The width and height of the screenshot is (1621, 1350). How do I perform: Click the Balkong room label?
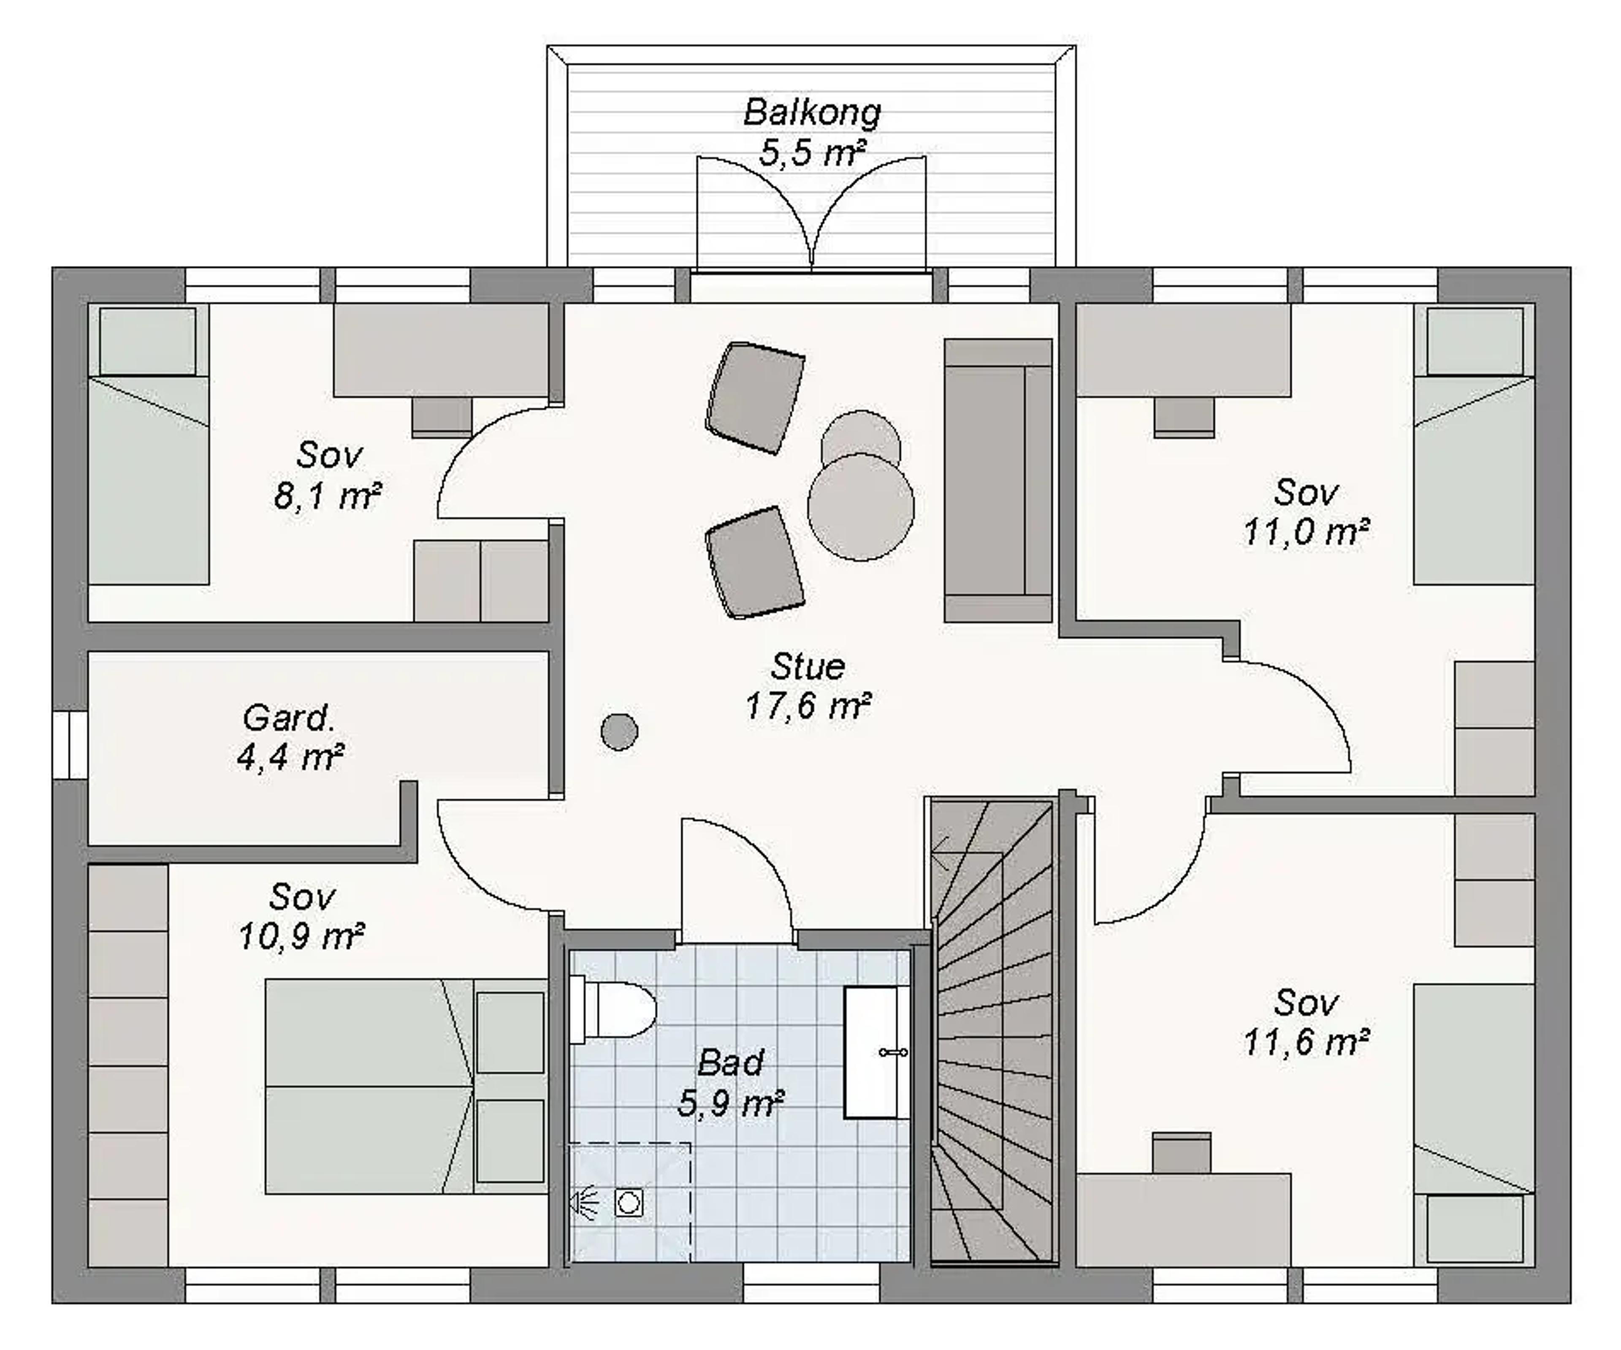pyautogui.click(x=812, y=113)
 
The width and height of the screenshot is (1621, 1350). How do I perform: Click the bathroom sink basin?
pyautogui.click(x=876, y=1052)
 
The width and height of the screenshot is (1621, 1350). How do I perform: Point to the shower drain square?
pyautogui.click(x=629, y=1203)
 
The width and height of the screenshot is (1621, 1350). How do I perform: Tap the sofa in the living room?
pyautogui.click(x=998, y=481)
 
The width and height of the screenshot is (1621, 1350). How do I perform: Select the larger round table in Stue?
pyautogui.click(x=861, y=507)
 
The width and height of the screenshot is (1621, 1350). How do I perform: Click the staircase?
pyautogui.click(x=992, y=1032)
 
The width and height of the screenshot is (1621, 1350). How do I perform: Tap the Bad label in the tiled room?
pyautogui.click(x=730, y=1063)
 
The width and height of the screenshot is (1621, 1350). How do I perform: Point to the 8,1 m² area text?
pyautogui.click(x=327, y=496)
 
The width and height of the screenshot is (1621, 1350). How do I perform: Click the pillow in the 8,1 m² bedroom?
pyautogui.click(x=147, y=341)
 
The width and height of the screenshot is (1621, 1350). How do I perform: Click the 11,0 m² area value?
pyautogui.click(x=1306, y=532)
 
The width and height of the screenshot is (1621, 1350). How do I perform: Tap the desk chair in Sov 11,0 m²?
pyautogui.click(x=1184, y=417)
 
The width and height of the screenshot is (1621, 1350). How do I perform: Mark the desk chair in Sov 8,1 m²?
pyautogui.click(x=442, y=417)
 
